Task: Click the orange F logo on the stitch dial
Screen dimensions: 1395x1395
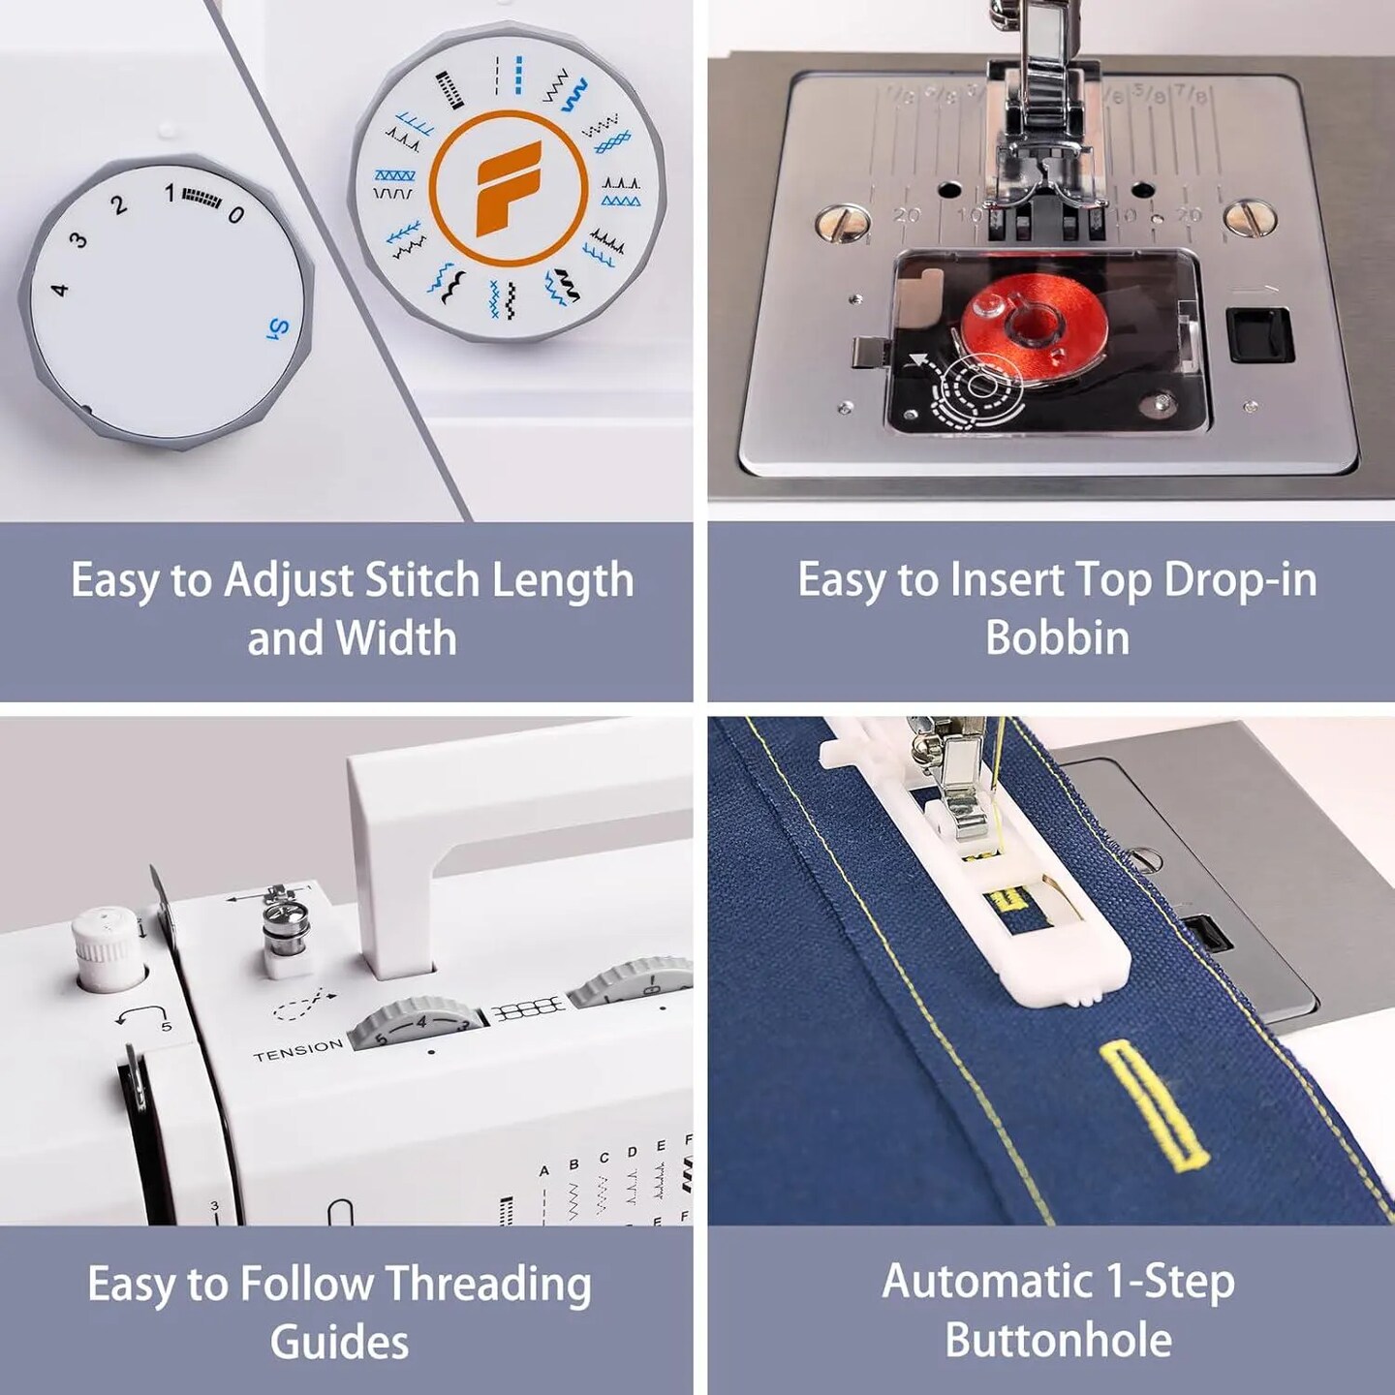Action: [x=508, y=188]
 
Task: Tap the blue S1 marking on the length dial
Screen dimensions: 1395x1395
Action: [x=278, y=329]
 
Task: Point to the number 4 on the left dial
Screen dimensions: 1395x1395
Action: [x=59, y=288]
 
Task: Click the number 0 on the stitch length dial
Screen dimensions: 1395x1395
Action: [x=235, y=214]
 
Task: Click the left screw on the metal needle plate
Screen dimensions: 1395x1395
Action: [x=834, y=222]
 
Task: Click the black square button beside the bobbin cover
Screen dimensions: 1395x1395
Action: [x=1259, y=335]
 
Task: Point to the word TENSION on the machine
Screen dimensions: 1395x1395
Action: [x=298, y=1049]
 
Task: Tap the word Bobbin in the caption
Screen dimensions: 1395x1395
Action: [x=1057, y=637]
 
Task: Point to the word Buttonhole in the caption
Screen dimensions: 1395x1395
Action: [x=1058, y=1341]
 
